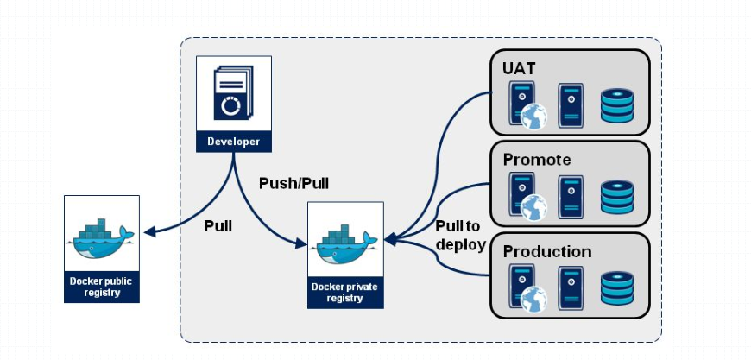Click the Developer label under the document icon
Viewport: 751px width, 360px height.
pyautogui.click(x=233, y=141)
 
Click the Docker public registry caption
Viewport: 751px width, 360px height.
pyautogui.click(x=102, y=287)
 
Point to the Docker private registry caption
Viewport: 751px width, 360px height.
pyautogui.click(x=345, y=292)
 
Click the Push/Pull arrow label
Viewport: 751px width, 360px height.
pyautogui.click(x=293, y=183)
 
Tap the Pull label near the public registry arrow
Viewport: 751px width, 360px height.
pyautogui.click(x=218, y=225)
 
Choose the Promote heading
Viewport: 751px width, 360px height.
pyautogui.click(x=536, y=160)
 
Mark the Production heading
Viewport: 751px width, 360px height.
pyautogui.click(x=546, y=251)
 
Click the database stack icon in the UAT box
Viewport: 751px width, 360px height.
pyautogui.click(x=616, y=104)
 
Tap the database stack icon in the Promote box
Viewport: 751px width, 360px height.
pyautogui.click(x=616, y=197)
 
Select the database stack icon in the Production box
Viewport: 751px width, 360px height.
pyautogui.click(x=616, y=288)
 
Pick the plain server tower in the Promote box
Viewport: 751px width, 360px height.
pyautogui.click(x=571, y=195)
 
